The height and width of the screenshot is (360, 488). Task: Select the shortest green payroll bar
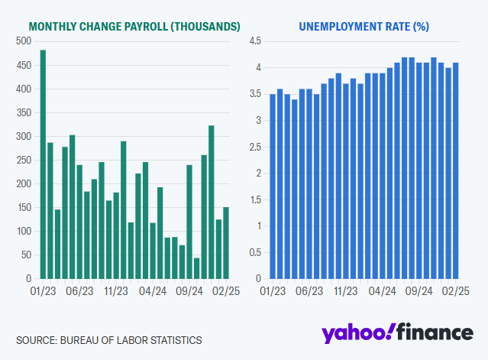[196, 268]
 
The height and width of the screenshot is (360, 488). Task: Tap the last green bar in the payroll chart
[225, 243]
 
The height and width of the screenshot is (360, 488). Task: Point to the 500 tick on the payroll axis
[23, 41]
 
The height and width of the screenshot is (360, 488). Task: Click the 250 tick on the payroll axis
[23, 160]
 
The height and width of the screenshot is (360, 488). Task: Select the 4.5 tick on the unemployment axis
[257, 41]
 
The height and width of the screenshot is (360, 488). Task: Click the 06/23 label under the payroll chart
[80, 291]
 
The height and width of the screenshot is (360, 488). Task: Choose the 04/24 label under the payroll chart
[153, 291]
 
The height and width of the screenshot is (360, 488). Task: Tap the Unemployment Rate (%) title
[364, 26]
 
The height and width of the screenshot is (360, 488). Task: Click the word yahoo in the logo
[356, 333]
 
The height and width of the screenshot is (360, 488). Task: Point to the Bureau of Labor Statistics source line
[109, 340]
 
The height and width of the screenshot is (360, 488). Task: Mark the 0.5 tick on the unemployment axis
[257, 252]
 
